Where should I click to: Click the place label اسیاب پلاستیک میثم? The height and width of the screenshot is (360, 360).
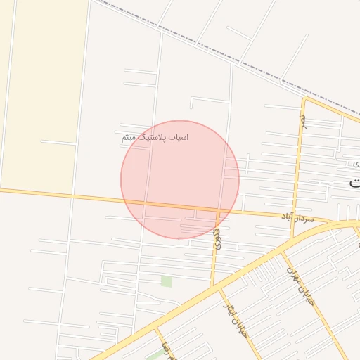(155, 137)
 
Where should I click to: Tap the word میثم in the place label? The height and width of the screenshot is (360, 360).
(128, 137)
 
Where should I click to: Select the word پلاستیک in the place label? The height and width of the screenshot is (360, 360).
(152, 137)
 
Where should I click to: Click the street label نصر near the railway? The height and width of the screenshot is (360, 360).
(303, 121)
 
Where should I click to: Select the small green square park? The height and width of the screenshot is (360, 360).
(166, 281)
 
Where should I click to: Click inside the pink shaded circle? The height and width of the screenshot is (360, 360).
(180, 169)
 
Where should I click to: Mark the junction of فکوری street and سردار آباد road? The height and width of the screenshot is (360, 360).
(219, 210)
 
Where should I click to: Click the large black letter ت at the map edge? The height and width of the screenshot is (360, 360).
(354, 181)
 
